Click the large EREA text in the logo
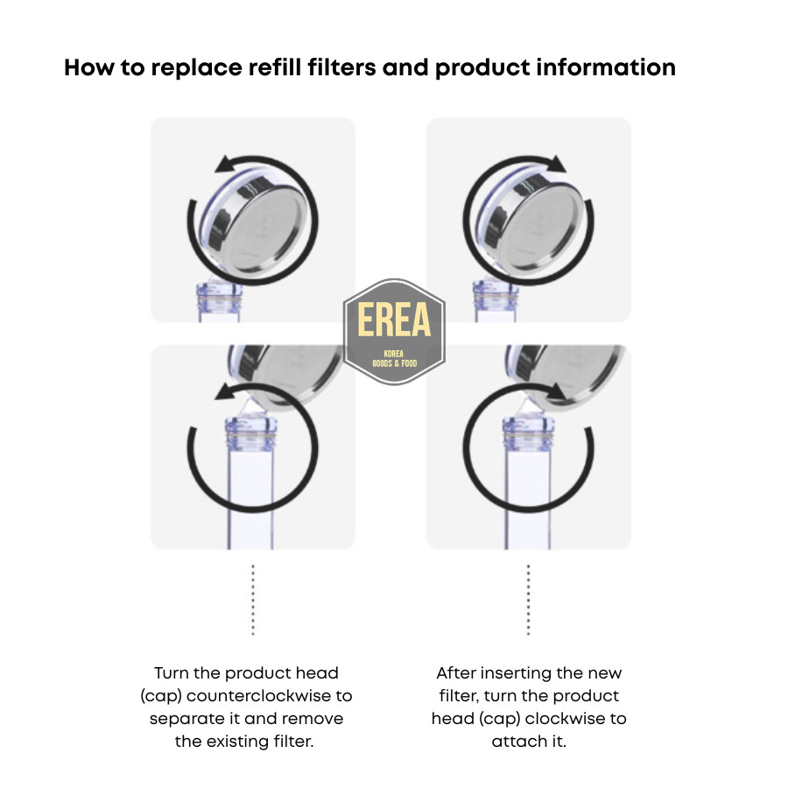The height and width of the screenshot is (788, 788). (394, 321)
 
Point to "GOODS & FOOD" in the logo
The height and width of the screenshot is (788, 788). (394, 362)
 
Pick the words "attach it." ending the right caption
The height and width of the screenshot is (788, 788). (529, 742)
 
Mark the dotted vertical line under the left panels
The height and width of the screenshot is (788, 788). (253, 600)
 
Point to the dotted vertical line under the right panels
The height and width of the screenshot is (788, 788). (528, 600)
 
